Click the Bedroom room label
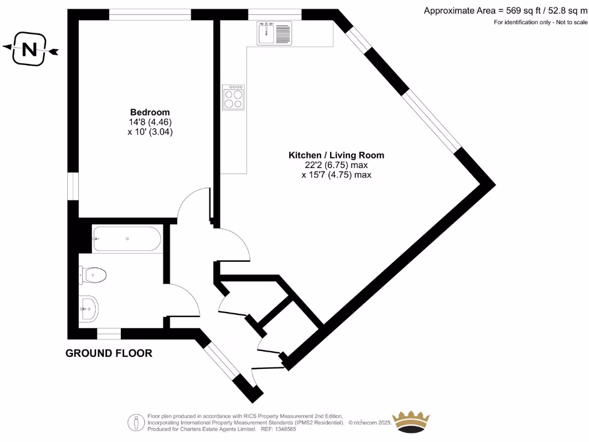click(150, 112)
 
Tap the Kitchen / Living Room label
click(336, 155)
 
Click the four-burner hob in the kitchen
click(234, 97)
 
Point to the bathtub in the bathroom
click(127, 239)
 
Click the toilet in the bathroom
click(93, 275)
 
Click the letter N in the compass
click(29, 51)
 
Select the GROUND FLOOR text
click(109, 353)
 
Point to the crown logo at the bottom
click(411, 422)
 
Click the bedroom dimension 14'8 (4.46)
click(150, 121)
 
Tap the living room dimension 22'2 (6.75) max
click(336, 165)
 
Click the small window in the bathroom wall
click(109, 333)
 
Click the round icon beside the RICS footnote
click(136, 422)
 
